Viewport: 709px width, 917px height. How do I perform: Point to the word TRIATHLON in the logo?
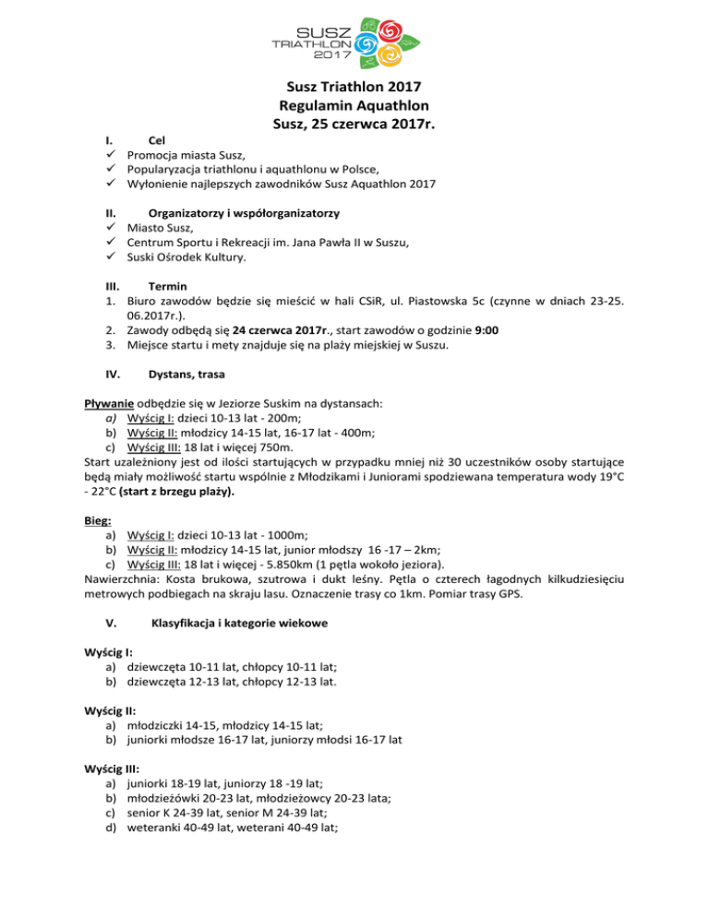click(310, 42)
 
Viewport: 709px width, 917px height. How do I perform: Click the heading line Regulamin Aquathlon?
click(354, 105)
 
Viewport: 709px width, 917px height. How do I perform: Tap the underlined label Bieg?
click(98, 520)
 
